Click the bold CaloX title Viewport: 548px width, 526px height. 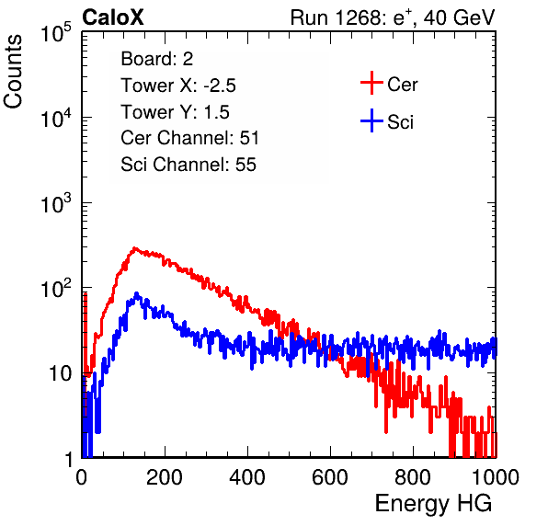tap(112, 17)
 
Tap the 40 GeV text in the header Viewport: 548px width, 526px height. tap(459, 17)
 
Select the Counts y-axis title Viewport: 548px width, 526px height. tap(13, 72)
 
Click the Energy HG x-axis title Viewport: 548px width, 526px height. tap(433, 504)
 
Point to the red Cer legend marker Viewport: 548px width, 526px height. tap(371, 83)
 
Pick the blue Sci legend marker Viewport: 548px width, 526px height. tap(371, 120)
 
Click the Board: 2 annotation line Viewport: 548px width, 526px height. tap(156, 59)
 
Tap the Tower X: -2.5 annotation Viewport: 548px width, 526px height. tap(178, 86)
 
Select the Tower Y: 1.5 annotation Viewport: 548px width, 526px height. tap(175, 112)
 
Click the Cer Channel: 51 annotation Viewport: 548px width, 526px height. tap(189, 138)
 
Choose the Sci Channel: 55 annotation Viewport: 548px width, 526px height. tap(188, 165)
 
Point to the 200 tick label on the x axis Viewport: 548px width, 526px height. tap(165, 477)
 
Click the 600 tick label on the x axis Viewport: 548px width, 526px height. tap(330, 477)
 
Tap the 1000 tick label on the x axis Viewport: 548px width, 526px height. tap(496, 477)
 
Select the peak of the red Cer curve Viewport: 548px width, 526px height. tap(135, 248)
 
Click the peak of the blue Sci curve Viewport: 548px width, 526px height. tap(137, 294)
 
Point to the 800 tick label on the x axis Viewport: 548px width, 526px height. tap(413, 477)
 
